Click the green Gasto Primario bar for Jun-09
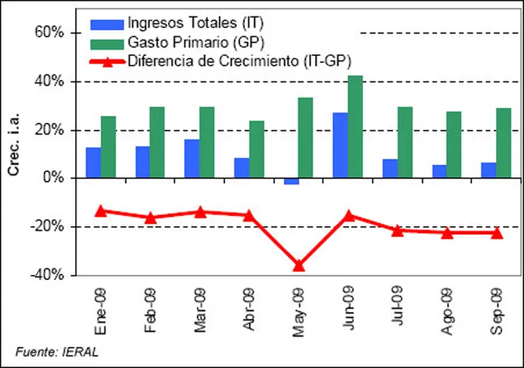[355, 127]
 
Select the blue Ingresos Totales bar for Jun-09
[340, 145]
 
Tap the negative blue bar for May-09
[291, 181]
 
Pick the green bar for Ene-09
[108, 147]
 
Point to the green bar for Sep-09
[504, 143]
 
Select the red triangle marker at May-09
[298, 265]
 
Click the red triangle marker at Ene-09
[101, 211]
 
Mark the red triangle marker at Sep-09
[497, 233]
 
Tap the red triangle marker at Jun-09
[348, 216]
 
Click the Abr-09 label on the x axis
[248, 310]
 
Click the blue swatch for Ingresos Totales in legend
[107, 26]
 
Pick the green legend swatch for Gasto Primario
[107, 44]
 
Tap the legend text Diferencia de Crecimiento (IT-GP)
[239, 61]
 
